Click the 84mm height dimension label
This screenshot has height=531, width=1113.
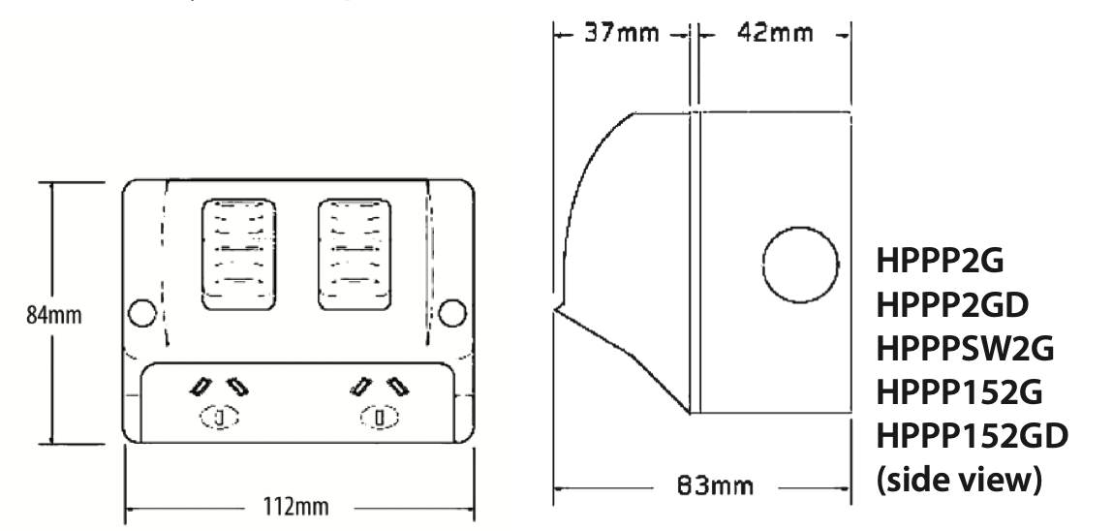coord(55,315)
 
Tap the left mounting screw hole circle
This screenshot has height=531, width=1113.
coord(142,313)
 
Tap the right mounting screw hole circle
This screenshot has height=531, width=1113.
coord(450,313)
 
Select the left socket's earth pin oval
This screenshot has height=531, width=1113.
coord(219,419)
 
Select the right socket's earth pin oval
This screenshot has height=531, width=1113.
coord(380,419)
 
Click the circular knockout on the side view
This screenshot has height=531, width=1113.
coord(800,265)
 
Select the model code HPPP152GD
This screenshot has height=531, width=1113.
coord(973,437)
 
